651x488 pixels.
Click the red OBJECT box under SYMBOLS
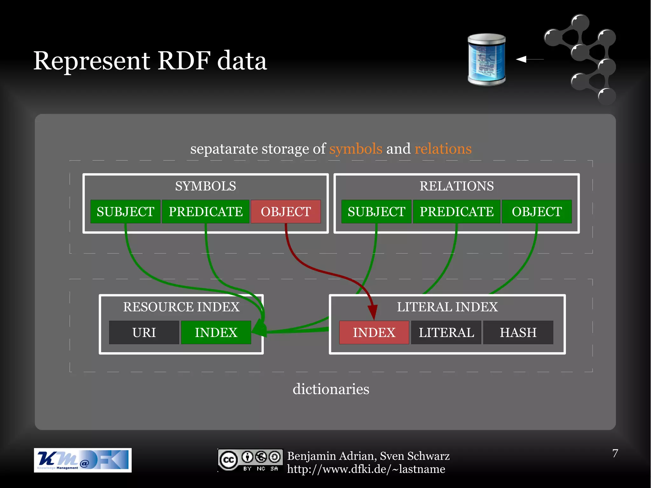[x=286, y=212]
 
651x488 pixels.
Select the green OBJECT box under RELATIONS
[x=537, y=212]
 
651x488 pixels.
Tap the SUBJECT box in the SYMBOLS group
[x=125, y=212]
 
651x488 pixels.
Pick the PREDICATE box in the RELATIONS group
[x=456, y=212]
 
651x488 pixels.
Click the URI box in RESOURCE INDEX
[x=144, y=333]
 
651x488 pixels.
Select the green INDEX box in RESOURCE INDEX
[x=216, y=333]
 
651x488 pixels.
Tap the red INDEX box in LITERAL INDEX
[x=374, y=333]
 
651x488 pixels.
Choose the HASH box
[x=518, y=333]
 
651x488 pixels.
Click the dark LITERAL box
[x=446, y=333]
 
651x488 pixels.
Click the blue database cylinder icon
[x=486, y=60]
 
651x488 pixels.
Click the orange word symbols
[x=355, y=149]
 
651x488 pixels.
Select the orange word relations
[x=443, y=149]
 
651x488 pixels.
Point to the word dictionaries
[x=331, y=389]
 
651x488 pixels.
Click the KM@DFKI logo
[x=83, y=460]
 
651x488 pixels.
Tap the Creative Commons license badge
[x=250, y=460]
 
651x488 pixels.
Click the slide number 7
[x=615, y=453]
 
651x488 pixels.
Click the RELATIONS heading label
[x=456, y=186]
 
